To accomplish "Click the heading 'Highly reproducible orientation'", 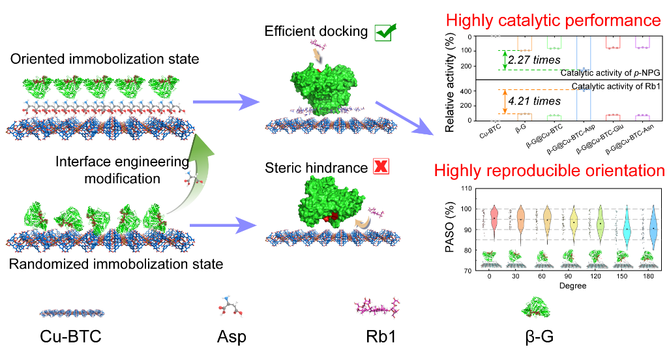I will click(550, 172).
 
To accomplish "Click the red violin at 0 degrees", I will click(494, 218).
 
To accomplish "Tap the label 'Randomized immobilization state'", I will click(117, 264).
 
